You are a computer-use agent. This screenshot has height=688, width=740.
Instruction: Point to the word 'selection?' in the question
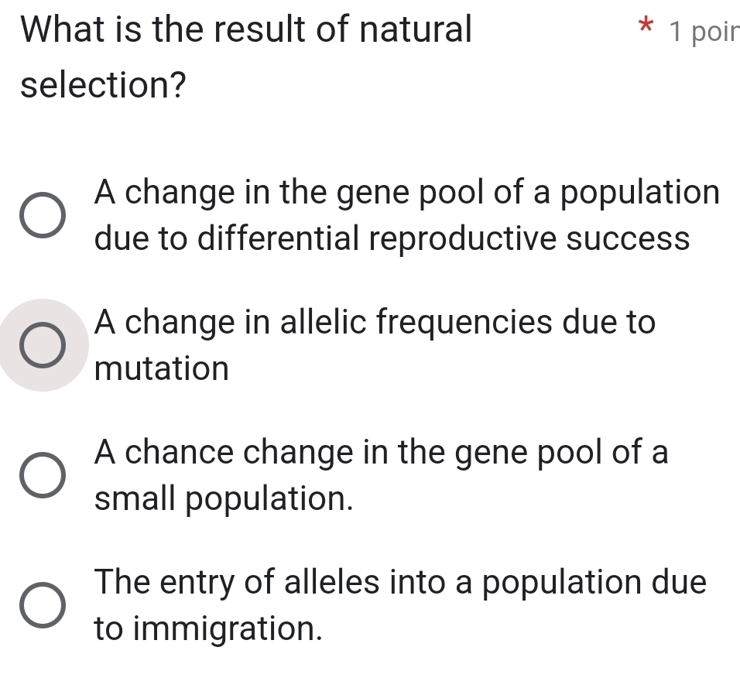tap(103, 85)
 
